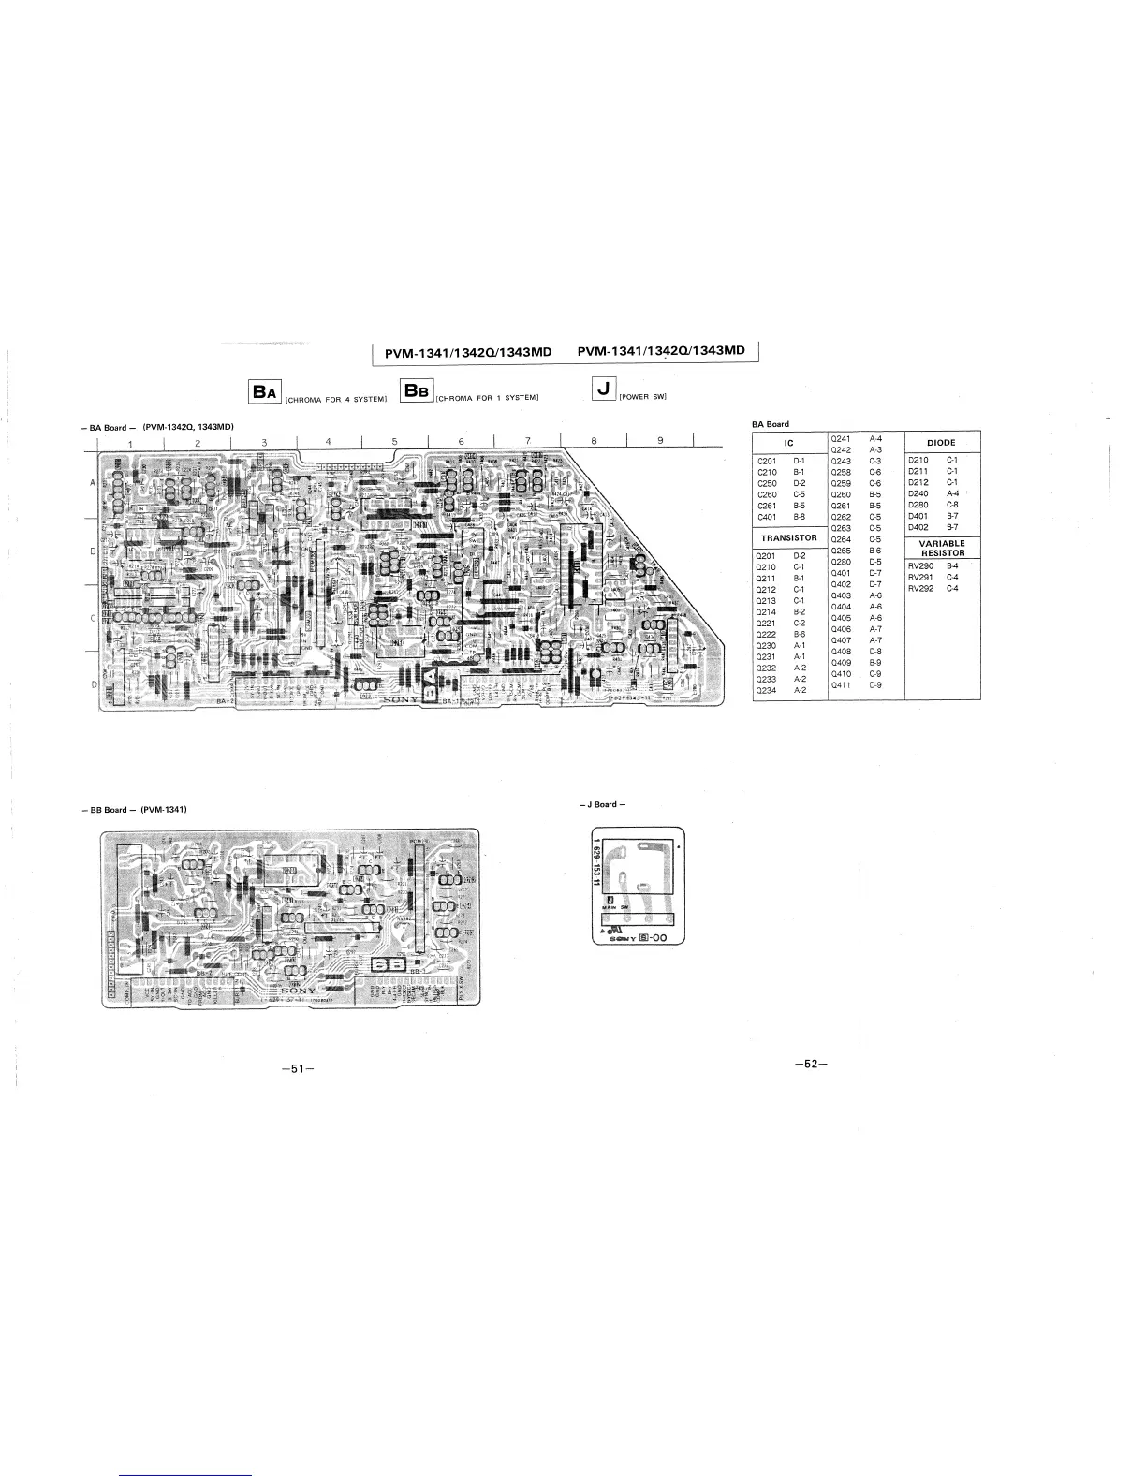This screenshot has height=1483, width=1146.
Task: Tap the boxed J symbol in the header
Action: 604,389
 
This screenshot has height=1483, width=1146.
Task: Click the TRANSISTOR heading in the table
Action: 788,538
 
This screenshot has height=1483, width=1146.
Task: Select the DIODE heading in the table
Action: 941,442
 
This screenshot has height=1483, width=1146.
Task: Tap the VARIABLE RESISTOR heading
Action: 941,548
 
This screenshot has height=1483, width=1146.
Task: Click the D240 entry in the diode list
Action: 918,493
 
